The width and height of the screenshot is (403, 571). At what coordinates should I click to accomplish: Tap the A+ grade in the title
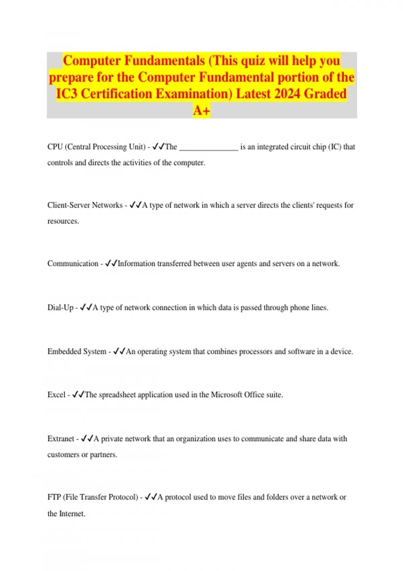tap(201, 110)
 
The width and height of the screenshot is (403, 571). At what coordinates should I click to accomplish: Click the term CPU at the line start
tap(55, 147)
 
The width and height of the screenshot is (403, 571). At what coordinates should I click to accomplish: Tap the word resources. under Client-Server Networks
tap(63, 221)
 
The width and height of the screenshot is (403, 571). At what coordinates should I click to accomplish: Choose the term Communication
tap(73, 264)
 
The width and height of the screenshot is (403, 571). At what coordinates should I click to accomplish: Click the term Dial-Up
tap(60, 308)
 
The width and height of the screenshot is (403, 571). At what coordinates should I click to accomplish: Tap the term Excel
tap(56, 395)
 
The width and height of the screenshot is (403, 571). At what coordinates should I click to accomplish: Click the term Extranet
tap(61, 439)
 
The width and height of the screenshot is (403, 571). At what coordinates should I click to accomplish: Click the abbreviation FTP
tap(54, 497)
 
